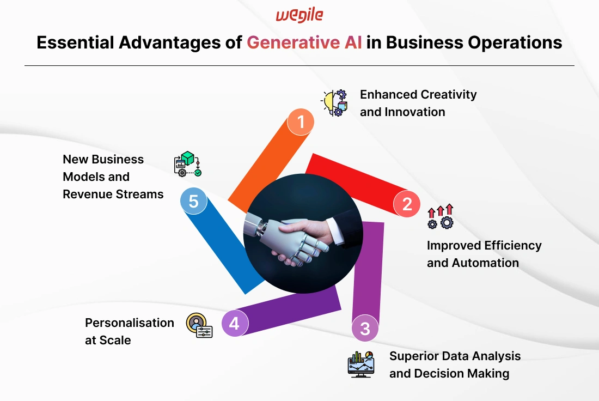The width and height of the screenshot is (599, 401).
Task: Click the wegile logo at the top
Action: point(299,15)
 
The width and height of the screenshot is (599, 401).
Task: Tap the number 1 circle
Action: point(301,122)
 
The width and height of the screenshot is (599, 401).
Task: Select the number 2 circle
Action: point(407,204)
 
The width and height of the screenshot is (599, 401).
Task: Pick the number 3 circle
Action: point(365,328)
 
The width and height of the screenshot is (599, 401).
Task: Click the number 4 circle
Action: point(235,324)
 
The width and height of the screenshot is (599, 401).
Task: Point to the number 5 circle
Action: point(194,201)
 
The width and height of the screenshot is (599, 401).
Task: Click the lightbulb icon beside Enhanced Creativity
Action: point(334,103)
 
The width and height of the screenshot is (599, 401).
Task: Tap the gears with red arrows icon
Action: point(441,216)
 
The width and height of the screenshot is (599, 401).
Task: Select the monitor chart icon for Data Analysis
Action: point(361,364)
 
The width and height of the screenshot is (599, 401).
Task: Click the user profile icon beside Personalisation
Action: point(199,325)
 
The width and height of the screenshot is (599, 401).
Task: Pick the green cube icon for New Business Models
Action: point(187,163)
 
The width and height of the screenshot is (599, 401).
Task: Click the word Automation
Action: point(485,263)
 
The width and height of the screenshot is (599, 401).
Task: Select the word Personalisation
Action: point(130,323)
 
